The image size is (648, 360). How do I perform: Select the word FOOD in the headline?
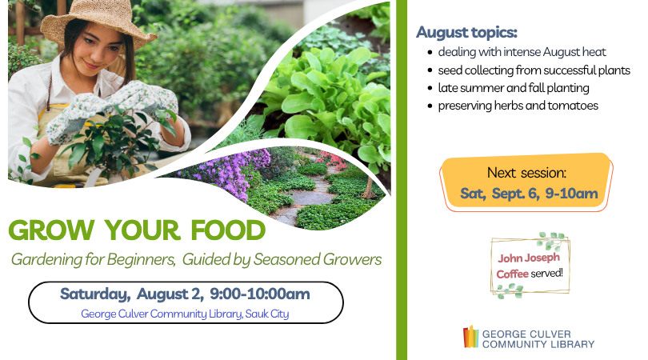[228, 230]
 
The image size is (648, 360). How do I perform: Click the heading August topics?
[466, 32]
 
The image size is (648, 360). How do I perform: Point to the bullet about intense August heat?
[522, 52]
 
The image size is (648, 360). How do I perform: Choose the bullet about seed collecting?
[534, 70]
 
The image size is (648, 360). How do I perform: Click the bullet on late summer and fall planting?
[514, 88]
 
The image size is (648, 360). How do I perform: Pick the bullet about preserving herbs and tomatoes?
[518, 106]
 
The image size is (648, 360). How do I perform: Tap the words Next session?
[526, 172]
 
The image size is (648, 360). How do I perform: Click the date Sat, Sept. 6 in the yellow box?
[500, 194]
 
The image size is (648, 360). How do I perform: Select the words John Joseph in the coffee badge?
[529, 258]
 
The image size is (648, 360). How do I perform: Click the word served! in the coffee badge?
[546, 274]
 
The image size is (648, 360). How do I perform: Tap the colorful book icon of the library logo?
[470, 337]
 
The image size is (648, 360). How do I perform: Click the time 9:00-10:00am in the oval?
[259, 294]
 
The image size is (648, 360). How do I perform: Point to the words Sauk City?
[267, 314]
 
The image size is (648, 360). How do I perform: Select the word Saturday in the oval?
[94, 294]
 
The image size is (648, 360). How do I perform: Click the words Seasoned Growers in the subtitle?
[317, 259]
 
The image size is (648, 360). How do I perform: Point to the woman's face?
[102, 52]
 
